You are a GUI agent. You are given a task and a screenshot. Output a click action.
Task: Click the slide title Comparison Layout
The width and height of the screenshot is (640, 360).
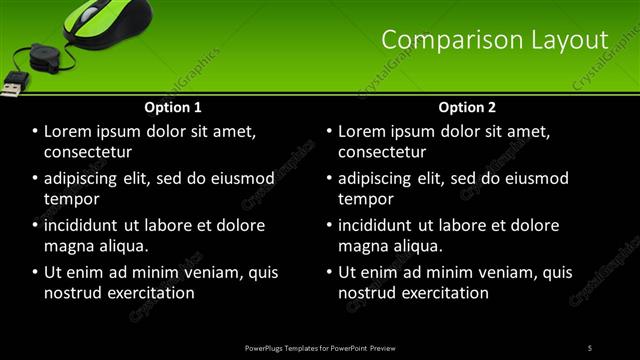[495, 39]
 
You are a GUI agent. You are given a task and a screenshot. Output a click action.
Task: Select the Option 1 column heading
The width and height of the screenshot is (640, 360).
[173, 107]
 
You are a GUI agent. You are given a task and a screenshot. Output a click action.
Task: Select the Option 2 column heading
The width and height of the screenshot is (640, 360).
[467, 107]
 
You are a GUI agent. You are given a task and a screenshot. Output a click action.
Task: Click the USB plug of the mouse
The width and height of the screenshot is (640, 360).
[12, 86]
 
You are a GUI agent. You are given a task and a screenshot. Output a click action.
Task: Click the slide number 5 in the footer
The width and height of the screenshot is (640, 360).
[590, 347]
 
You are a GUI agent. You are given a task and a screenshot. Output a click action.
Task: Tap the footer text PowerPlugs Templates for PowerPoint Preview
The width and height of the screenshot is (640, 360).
[320, 347]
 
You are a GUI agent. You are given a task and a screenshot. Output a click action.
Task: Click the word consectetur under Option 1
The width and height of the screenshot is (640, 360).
[88, 152]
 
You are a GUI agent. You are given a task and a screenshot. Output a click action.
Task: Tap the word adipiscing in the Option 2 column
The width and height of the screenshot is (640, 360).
[384, 179]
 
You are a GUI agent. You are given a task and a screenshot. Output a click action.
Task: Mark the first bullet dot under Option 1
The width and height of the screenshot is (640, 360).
[36, 132]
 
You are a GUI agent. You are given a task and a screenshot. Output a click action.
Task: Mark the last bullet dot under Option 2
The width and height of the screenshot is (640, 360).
[330, 272]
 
